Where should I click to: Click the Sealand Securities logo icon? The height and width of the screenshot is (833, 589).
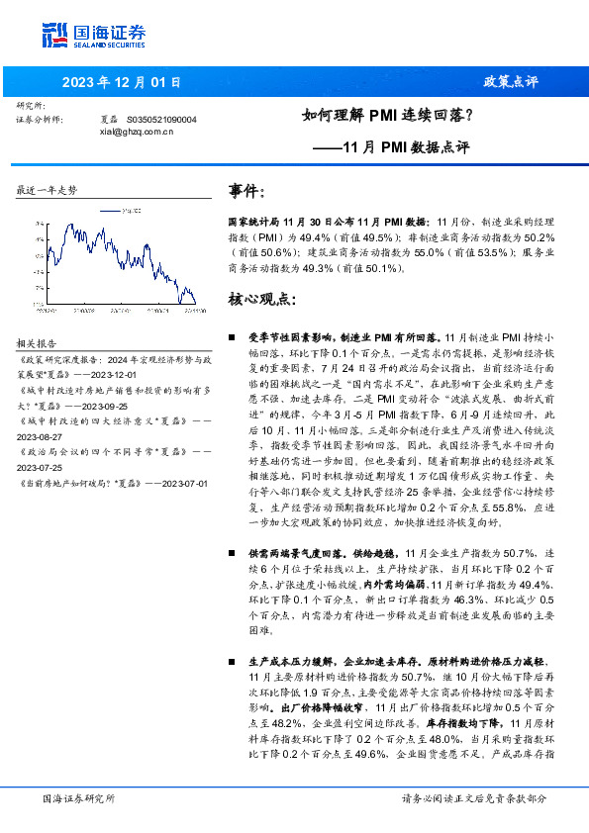pyautogui.click(x=54, y=35)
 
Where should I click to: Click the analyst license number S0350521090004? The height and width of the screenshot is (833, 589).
pyautogui.click(x=162, y=119)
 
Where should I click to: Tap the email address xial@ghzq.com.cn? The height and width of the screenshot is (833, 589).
pyautogui.click(x=138, y=130)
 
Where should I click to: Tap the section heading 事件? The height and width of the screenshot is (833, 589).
pyautogui.click(x=247, y=190)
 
